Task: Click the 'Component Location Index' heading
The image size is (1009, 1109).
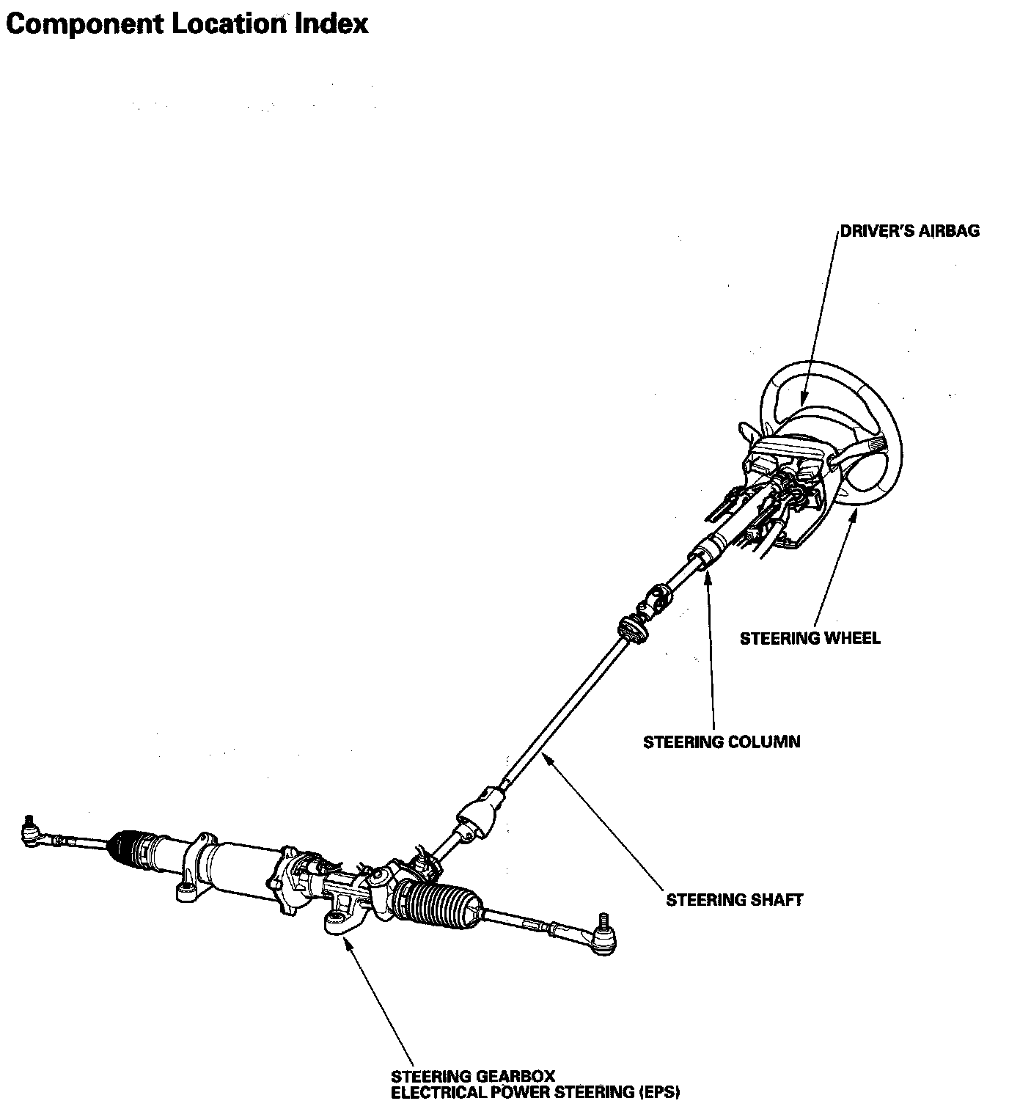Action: click(186, 23)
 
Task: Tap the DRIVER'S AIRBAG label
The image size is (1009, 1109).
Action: click(909, 231)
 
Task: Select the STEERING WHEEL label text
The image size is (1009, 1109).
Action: click(810, 638)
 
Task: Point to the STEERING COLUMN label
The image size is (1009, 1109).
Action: click(722, 742)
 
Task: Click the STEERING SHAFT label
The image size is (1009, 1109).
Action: click(734, 899)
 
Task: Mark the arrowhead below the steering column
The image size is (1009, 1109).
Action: click(707, 575)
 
